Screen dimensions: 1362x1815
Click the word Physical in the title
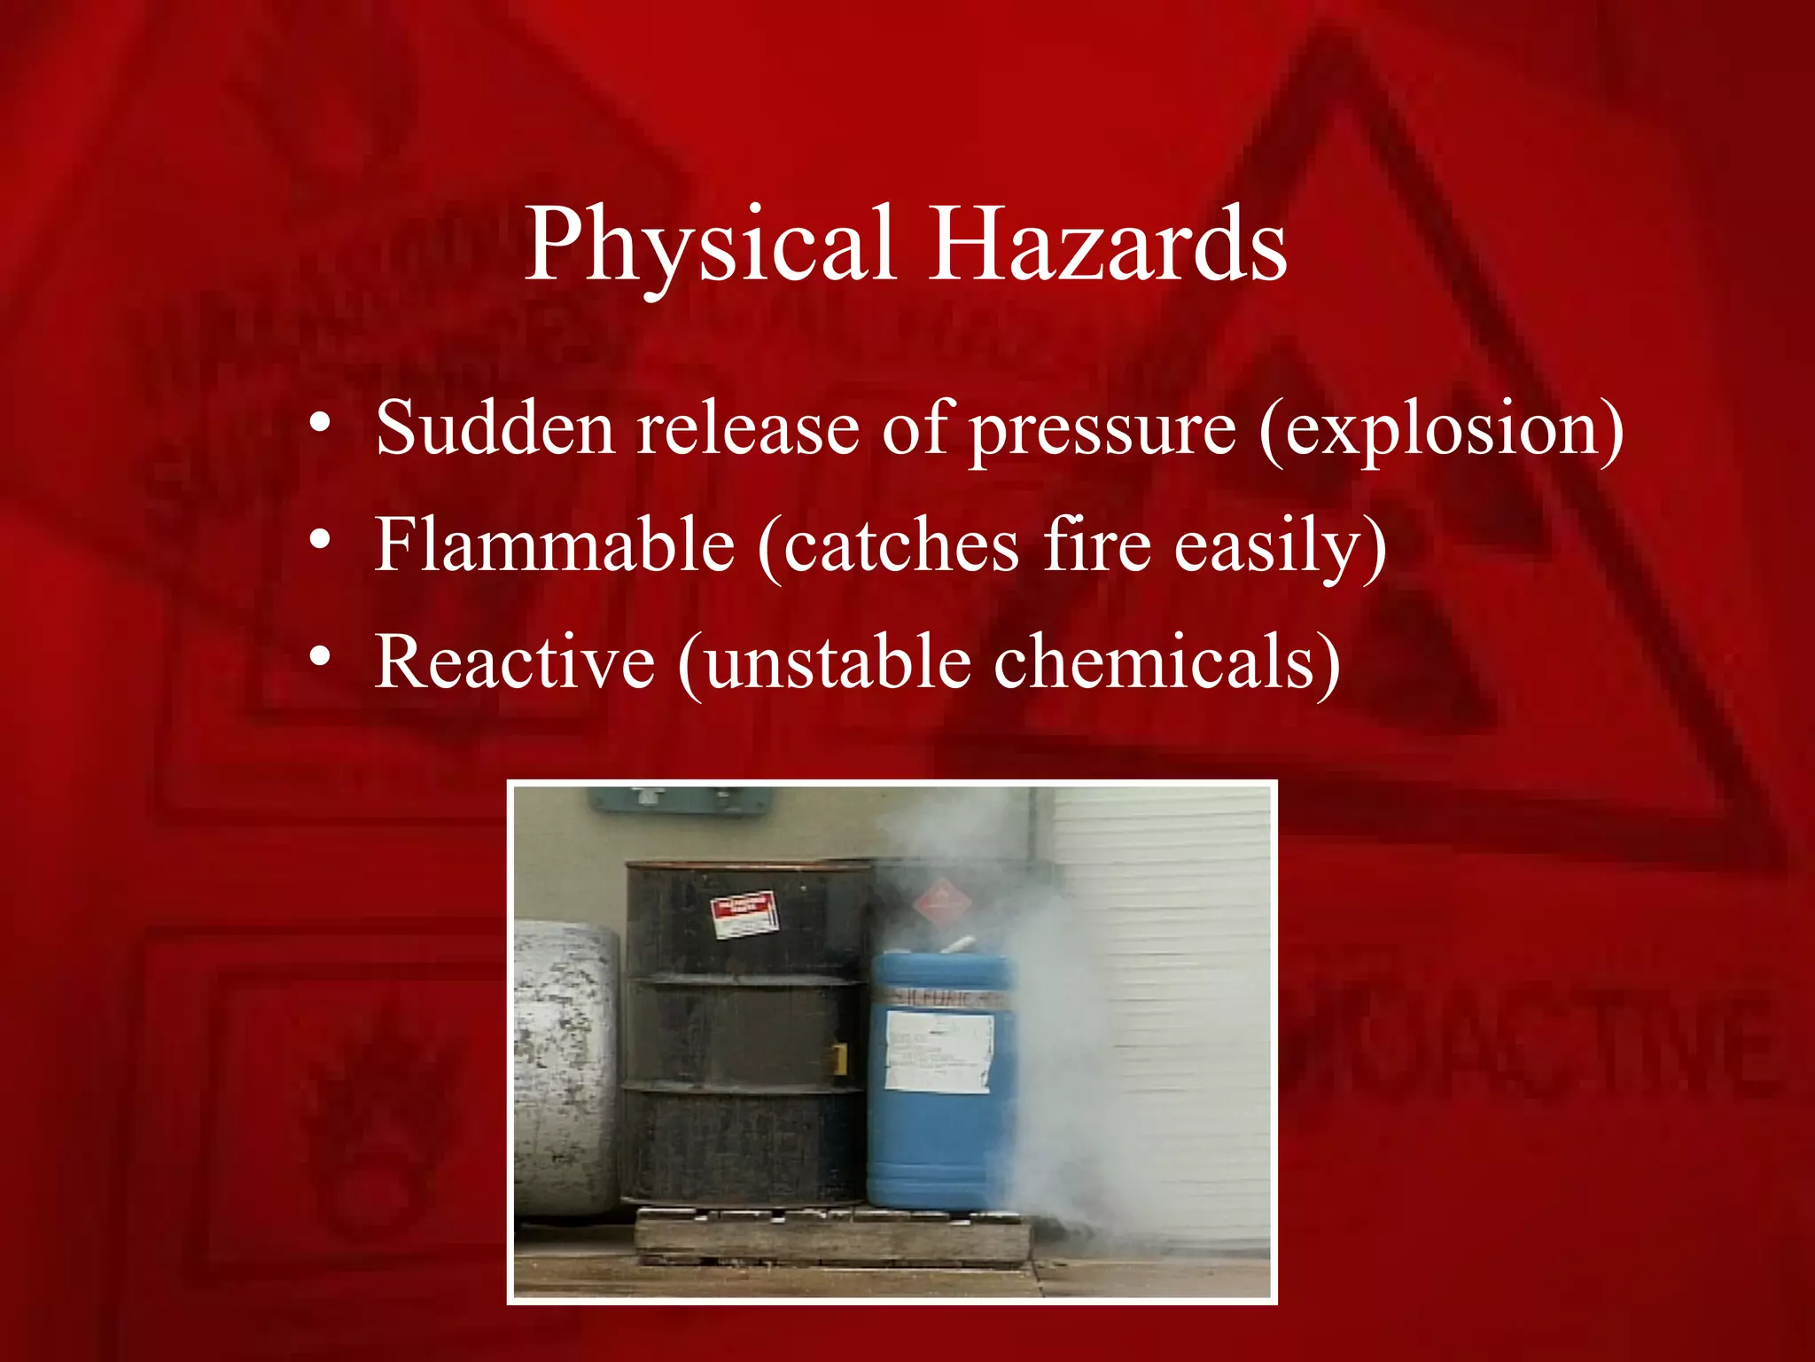[709, 247]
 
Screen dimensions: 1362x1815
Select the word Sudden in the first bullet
[495, 428]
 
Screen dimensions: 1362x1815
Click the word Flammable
[555, 544]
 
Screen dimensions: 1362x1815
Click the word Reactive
[515, 661]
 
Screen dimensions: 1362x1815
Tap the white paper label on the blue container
[939, 1052]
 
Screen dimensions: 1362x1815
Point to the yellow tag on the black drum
[838, 1056]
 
